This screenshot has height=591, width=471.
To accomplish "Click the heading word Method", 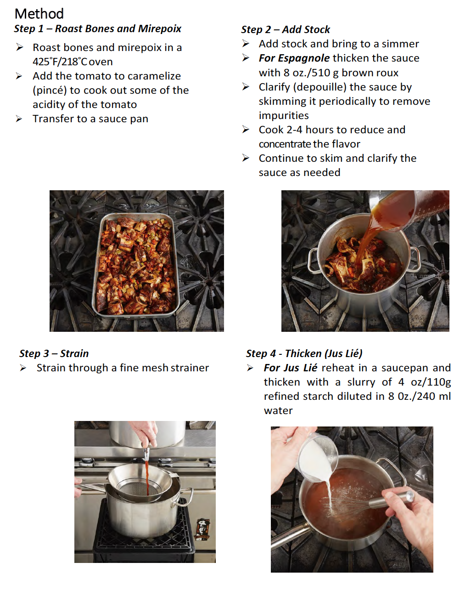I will (x=39, y=13).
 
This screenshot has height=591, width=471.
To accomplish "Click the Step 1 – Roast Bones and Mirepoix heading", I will (x=97, y=28).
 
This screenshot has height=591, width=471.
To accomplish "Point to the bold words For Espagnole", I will (x=294, y=58).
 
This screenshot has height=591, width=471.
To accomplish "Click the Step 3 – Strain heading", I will (x=54, y=353).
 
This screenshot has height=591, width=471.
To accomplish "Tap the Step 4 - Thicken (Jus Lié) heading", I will (x=304, y=353).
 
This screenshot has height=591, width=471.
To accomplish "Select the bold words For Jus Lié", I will (x=290, y=368).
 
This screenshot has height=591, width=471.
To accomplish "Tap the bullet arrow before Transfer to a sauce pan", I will (x=19, y=119).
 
